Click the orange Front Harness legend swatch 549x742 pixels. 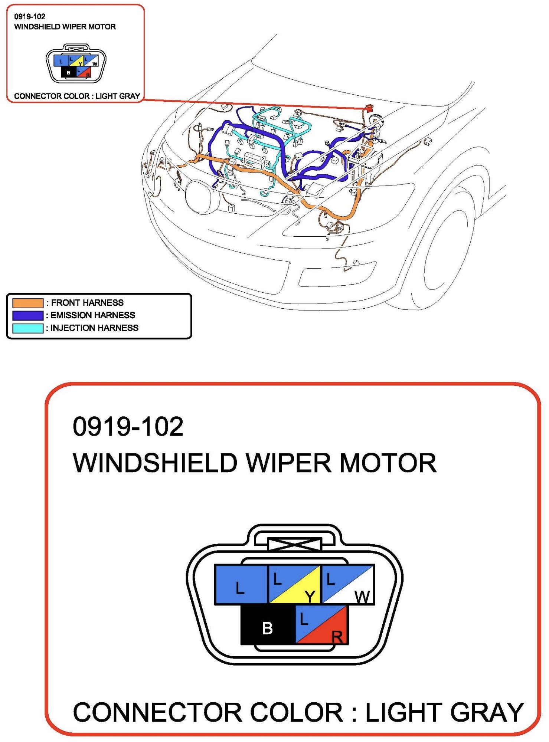[x=28, y=303]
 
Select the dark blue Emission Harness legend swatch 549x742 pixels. [x=28, y=315]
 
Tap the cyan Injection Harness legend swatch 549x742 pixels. [x=28, y=328]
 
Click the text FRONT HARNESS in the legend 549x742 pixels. [x=87, y=303]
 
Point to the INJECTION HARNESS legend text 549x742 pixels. [x=94, y=328]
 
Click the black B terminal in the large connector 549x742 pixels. [x=268, y=626]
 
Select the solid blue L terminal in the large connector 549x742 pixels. [x=241, y=585]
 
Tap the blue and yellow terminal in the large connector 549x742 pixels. [x=294, y=585]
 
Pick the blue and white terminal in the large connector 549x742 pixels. [x=348, y=585]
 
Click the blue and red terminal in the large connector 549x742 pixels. [x=321, y=626]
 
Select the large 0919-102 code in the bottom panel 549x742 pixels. [x=128, y=427]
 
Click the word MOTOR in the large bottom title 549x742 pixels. [x=388, y=463]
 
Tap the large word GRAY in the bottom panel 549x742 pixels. [x=487, y=713]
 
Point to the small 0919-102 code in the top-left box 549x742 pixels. [x=30, y=16]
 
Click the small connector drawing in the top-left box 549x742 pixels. [x=76, y=64]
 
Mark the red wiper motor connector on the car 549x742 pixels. [x=369, y=108]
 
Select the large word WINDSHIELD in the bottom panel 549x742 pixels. [x=155, y=463]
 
